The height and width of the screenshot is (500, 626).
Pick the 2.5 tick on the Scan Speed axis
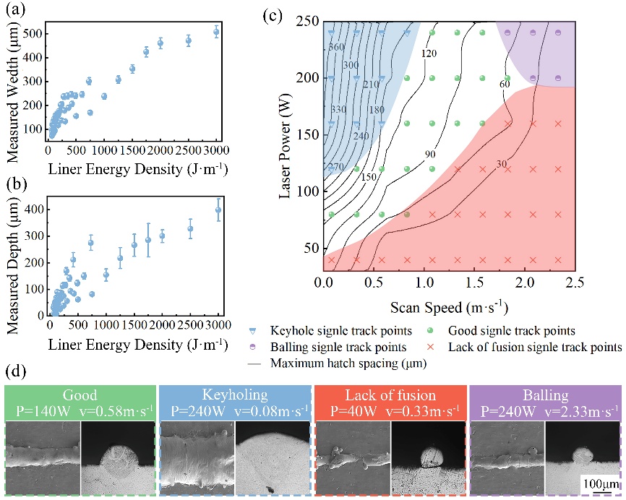[575, 283]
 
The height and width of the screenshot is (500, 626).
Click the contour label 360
[336, 47]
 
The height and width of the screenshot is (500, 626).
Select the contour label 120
[429, 54]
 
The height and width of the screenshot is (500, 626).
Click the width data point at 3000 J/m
[216, 32]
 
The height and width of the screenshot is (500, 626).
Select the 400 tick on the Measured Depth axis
[32, 210]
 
